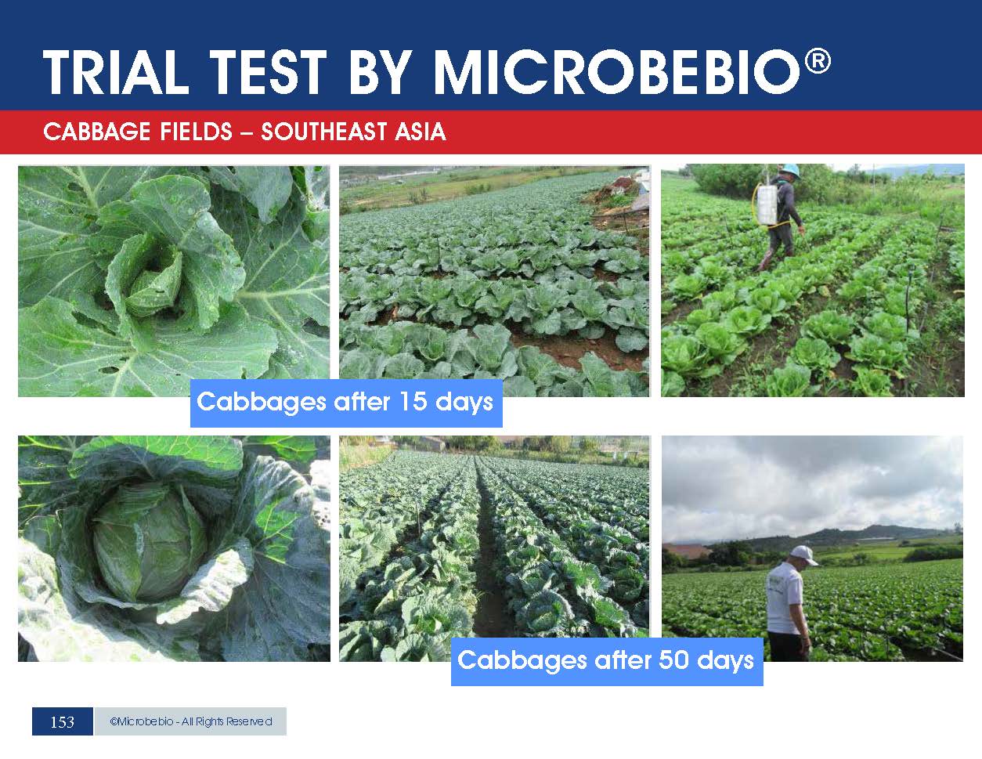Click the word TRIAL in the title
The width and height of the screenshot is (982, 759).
[115, 72]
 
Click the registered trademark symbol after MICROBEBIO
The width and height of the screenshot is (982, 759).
[818, 60]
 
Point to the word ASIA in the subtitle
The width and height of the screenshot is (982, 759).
[421, 132]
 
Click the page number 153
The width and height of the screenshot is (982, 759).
[63, 721]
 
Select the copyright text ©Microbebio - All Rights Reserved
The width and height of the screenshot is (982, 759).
[191, 721]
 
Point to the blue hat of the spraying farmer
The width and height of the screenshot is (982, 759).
[790, 172]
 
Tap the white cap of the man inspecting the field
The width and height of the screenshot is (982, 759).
[803, 555]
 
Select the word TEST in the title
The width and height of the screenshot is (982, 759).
[269, 72]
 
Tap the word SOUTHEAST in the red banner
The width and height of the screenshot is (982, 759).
[323, 132]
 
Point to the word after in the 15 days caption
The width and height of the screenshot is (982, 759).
[362, 401]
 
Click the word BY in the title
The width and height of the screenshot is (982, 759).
[380, 72]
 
